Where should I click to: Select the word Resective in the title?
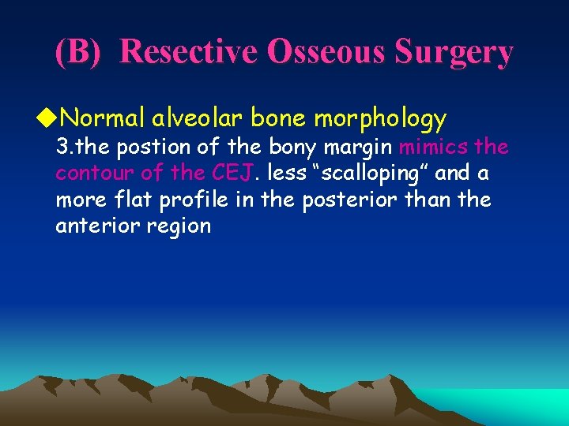[x=188, y=52]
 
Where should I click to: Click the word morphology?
[x=380, y=120]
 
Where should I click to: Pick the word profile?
[x=196, y=200]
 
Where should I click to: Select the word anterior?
[x=93, y=226]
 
